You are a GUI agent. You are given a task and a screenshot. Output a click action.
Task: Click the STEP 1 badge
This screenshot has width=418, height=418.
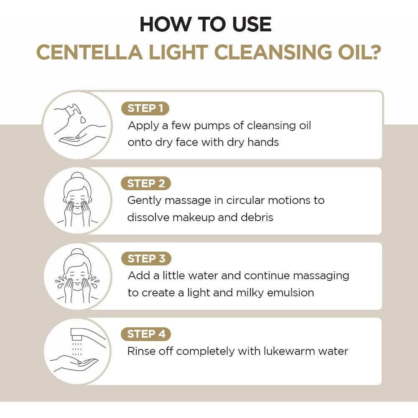coord(145,108)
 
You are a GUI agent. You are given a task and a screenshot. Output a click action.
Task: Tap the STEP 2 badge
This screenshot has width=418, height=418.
coord(146,184)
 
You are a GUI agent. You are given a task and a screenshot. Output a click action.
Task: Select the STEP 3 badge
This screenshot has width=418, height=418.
coord(146,259)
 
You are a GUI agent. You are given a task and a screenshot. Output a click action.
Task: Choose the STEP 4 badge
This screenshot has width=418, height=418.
coord(146,334)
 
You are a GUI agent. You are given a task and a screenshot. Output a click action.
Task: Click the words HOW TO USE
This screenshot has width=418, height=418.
coord(206,24)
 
